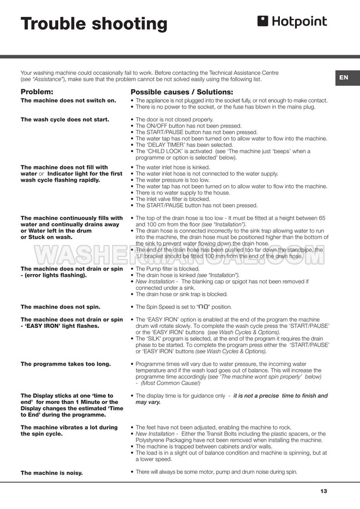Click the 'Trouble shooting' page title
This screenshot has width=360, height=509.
click(94, 24)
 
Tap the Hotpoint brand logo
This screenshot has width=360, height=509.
click(292, 22)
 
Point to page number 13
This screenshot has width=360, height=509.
click(323, 492)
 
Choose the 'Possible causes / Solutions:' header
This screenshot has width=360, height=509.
click(182, 92)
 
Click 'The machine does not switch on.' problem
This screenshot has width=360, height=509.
click(69, 100)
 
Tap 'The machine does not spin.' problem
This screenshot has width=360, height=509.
click(60, 306)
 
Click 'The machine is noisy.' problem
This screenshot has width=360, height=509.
click(51, 472)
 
